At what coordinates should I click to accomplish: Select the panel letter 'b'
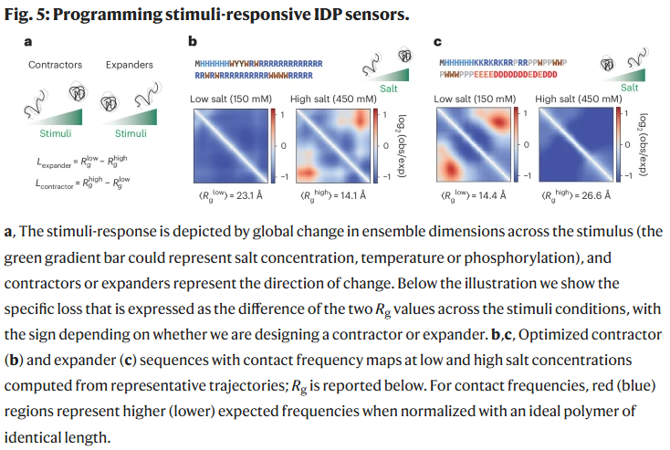(x=192, y=41)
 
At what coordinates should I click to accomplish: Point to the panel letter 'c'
(x=438, y=41)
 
